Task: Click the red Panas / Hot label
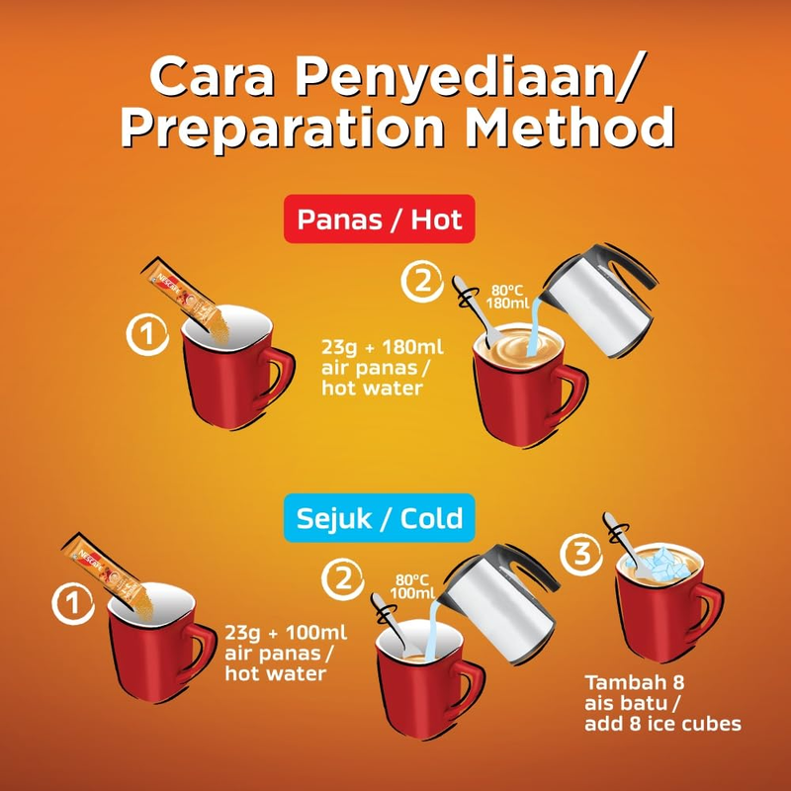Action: pyautogui.click(x=380, y=219)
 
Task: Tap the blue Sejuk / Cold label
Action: pyautogui.click(x=380, y=518)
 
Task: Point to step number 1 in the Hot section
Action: pyautogui.click(x=147, y=334)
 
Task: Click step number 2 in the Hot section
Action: pyautogui.click(x=423, y=281)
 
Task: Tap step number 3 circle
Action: pyautogui.click(x=581, y=554)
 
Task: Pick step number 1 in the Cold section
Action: pyautogui.click(x=73, y=603)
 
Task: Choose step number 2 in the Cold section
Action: pyautogui.click(x=343, y=578)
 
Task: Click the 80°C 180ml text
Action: pyautogui.click(x=507, y=297)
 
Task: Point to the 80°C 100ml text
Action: pyautogui.click(x=412, y=586)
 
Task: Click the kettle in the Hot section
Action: pyautogui.click(x=597, y=301)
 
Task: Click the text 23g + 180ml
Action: pyautogui.click(x=383, y=347)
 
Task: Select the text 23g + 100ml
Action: pyautogui.click(x=286, y=632)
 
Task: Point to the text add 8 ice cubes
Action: pyautogui.click(x=662, y=724)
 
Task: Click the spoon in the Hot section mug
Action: pyautogui.click(x=474, y=310)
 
